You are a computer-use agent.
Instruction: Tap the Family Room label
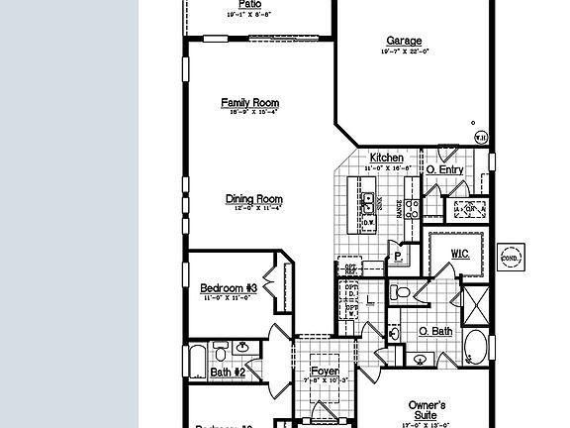point(249,102)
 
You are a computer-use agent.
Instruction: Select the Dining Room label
point(253,199)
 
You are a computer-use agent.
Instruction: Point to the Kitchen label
point(386,159)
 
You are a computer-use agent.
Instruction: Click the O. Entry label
point(444,170)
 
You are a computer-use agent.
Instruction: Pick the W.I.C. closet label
point(459,254)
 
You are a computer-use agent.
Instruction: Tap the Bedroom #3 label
point(229,287)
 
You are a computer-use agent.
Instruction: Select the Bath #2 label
point(228,373)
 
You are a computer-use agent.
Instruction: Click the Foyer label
point(325,371)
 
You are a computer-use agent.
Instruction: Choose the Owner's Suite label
point(427,409)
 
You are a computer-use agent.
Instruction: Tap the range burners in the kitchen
point(414,209)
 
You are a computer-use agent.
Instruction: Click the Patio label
point(249,4)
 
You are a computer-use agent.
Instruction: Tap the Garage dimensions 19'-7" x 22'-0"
point(407,52)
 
